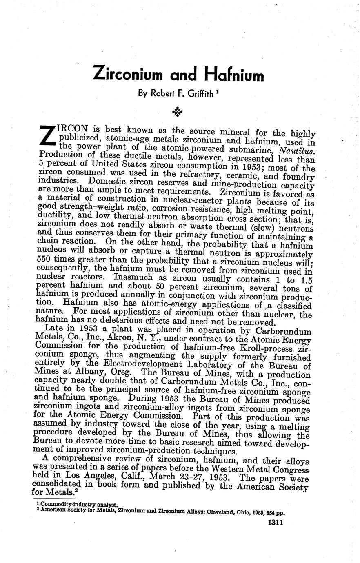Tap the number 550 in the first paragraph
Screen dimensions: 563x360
[44, 259]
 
